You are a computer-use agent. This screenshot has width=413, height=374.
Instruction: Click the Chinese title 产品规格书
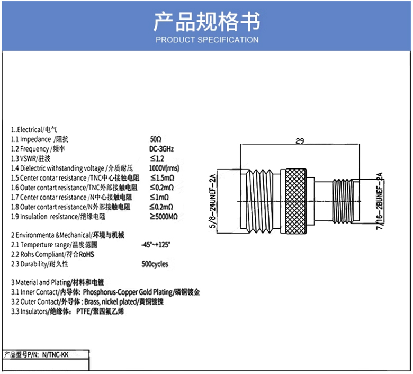click(x=206, y=22)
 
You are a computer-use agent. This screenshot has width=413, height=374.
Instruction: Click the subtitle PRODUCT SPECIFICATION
click(x=207, y=40)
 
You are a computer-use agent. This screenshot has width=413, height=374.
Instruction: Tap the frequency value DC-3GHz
click(x=161, y=149)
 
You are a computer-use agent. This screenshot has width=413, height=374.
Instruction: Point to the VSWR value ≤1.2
click(x=157, y=158)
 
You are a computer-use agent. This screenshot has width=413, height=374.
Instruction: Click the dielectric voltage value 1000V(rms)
click(x=164, y=168)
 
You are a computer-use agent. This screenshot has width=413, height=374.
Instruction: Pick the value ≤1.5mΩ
click(x=162, y=178)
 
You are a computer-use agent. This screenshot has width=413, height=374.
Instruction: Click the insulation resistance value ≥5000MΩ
click(x=164, y=216)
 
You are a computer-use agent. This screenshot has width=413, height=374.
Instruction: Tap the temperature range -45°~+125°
click(x=156, y=245)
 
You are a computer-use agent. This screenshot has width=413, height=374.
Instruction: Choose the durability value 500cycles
click(x=155, y=264)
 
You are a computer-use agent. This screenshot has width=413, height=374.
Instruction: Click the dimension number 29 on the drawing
click(x=300, y=141)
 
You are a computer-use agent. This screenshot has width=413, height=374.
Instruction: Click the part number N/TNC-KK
click(x=55, y=354)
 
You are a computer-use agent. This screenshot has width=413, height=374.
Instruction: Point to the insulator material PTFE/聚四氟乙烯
click(x=100, y=311)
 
